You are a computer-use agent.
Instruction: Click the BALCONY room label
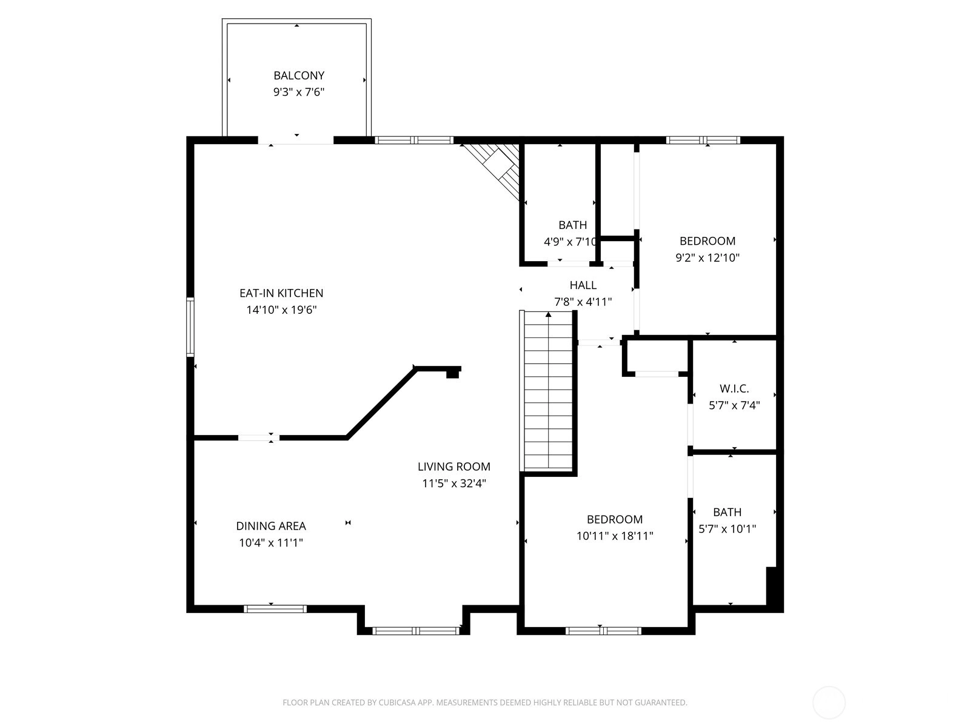[299, 76]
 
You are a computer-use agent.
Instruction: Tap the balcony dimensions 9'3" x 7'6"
[299, 92]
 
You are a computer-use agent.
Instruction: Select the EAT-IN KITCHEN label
[281, 293]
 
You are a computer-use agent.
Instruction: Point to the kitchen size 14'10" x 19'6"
[281, 310]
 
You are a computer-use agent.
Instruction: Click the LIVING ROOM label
[454, 466]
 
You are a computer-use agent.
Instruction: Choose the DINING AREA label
[271, 526]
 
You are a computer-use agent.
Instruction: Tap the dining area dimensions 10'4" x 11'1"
[271, 542]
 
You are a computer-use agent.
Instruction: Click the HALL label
[583, 285]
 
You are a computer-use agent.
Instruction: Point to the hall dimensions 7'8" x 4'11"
[583, 302]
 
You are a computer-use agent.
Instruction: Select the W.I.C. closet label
[734, 389]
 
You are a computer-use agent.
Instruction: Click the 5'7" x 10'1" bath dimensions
[727, 529]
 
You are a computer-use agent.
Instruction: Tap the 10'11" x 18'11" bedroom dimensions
[615, 536]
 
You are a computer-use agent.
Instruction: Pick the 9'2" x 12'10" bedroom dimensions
[707, 258]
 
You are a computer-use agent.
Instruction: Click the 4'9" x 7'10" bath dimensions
[570, 242]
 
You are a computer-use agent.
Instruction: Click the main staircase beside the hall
[548, 391]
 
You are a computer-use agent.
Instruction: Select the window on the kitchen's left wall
[190, 327]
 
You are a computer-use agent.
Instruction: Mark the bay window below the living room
[416, 631]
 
